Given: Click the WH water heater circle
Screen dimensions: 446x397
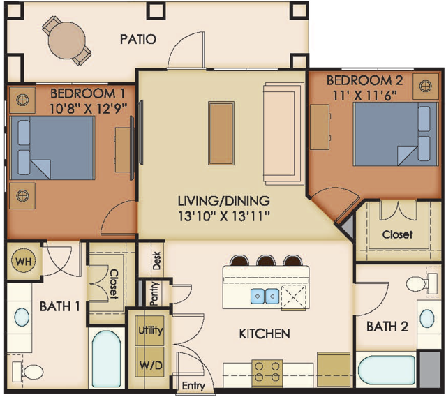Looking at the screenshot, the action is tap(24, 261).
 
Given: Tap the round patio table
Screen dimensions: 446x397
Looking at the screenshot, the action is tap(67, 40).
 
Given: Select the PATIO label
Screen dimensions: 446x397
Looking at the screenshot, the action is tap(138, 39).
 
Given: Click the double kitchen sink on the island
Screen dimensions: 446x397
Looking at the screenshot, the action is tap(265, 296).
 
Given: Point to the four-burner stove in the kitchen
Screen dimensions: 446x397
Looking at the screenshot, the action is tap(267, 371).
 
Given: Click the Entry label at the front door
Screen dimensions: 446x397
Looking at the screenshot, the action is tap(193, 386).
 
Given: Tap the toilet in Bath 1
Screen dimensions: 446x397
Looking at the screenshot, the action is tap(28, 371).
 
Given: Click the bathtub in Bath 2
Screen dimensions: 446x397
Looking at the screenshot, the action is tap(386, 370).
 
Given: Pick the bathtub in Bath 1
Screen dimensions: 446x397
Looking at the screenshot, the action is tap(106, 358).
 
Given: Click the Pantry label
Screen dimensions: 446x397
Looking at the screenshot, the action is tap(154, 294).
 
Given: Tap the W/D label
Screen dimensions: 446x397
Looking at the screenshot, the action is tap(151, 365).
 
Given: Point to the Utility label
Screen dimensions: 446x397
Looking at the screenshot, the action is tap(151, 330).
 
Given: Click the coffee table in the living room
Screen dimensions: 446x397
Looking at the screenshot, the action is tap(221, 133).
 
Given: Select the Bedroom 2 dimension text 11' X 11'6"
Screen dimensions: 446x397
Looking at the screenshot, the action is tap(365, 96).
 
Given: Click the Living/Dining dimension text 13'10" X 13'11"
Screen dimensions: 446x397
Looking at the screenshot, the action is tap(224, 216).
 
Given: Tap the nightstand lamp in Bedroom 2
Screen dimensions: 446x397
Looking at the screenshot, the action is tap(426, 87).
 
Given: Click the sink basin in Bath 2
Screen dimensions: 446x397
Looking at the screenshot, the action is tap(427, 319).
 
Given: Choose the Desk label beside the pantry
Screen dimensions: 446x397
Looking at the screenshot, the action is tap(157, 260).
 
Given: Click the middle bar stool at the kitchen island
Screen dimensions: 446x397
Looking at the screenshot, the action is tap(266, 260).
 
